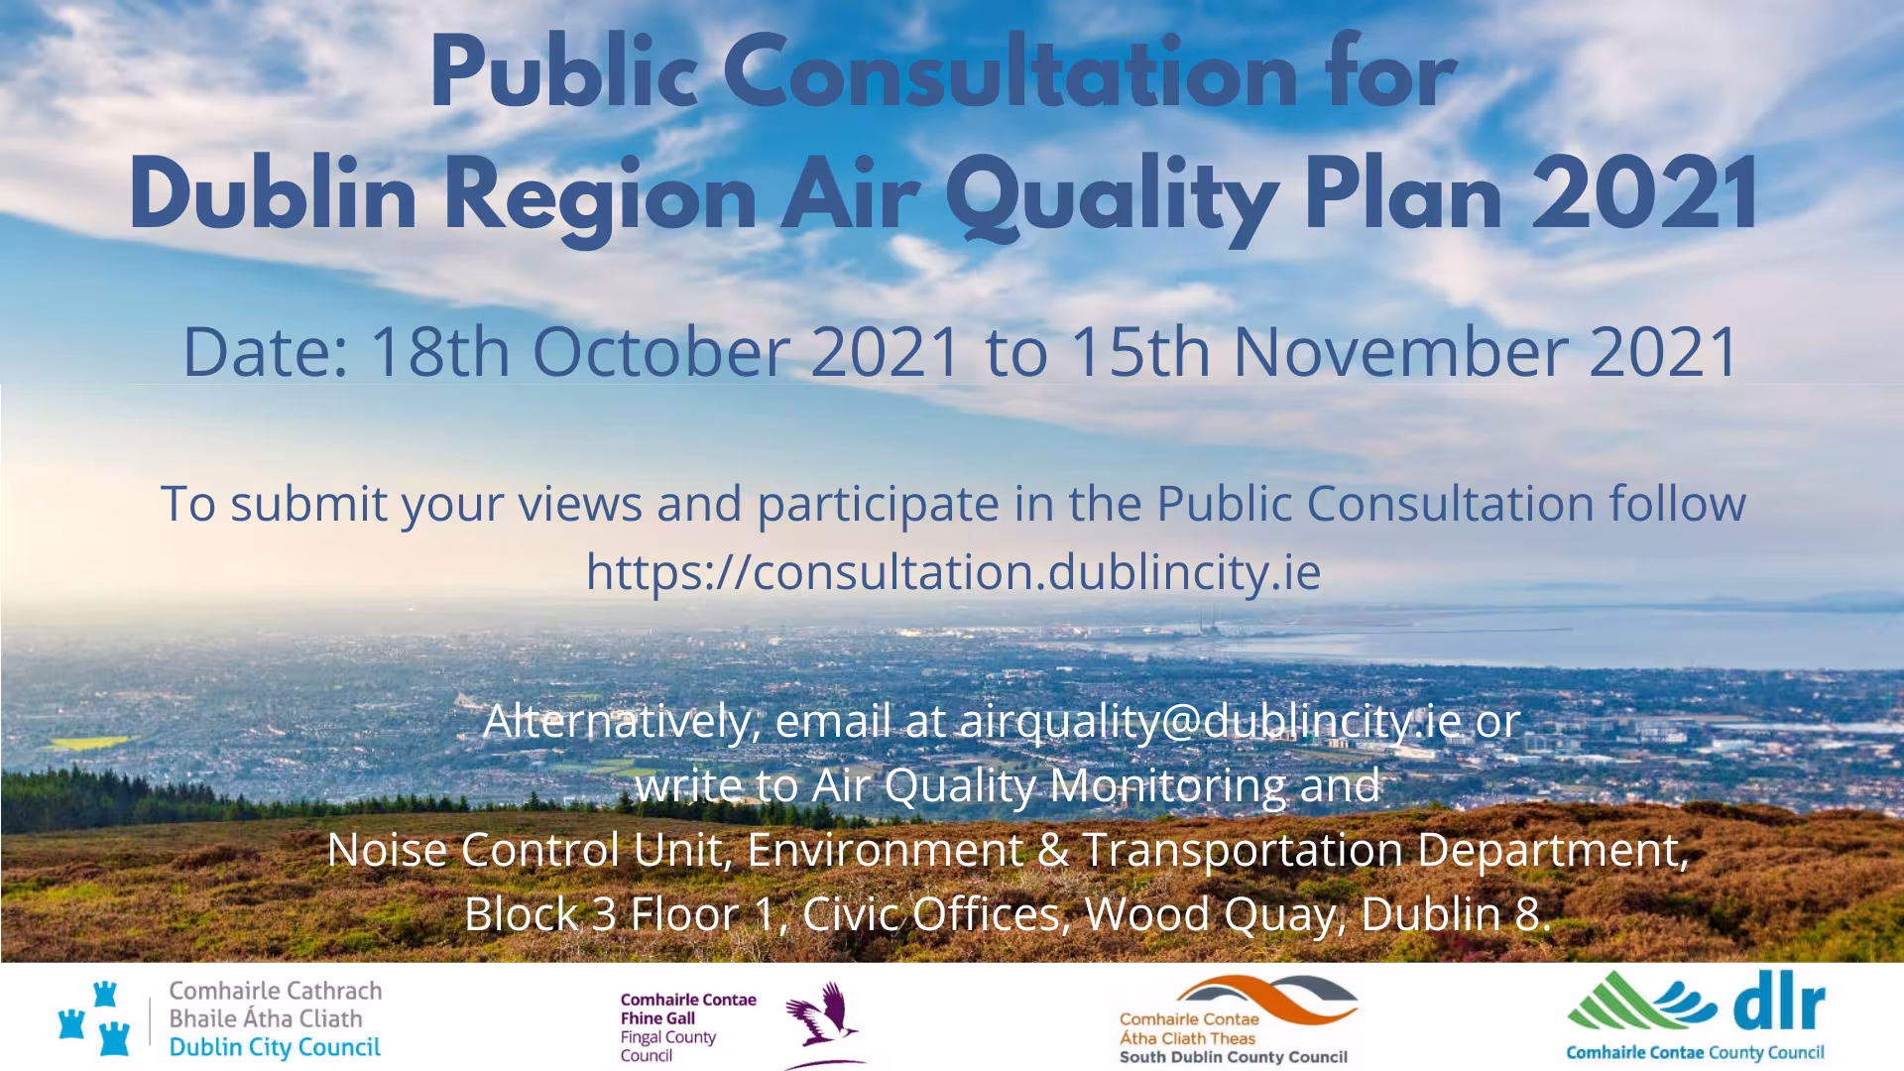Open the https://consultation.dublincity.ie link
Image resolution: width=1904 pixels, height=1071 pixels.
(953, 572)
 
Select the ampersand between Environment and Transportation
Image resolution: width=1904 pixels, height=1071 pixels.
(1052, 850)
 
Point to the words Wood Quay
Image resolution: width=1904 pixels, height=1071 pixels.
(1211, 914)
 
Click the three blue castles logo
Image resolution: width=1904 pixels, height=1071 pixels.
(95, 1018)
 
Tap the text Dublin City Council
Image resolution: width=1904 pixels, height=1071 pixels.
(275, 1047)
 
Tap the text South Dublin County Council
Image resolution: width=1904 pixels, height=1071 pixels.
(1233, 1057)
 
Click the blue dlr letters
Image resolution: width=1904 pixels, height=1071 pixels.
(1780, 1007)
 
